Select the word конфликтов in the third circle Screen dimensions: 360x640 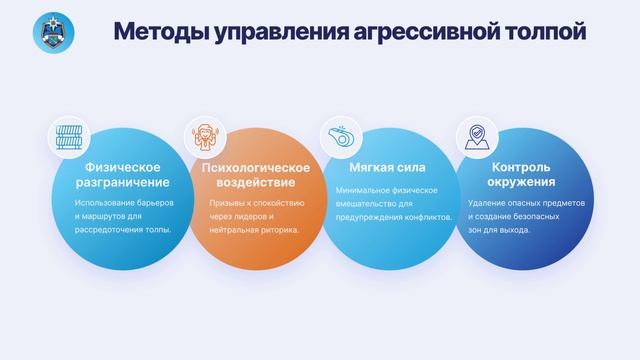click(430, 216)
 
